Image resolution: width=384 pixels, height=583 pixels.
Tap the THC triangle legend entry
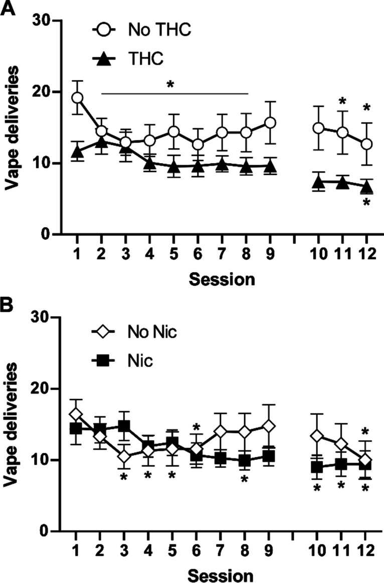point(135,59)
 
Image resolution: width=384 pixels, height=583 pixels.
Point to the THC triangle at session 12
point(366,187)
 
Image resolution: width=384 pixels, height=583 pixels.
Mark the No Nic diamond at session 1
point(76,414)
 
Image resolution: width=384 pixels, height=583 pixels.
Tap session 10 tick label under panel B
point(317,551)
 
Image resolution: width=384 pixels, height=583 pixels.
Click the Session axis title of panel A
point(221,278)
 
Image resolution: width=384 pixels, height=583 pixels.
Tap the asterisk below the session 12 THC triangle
point(366,203)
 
